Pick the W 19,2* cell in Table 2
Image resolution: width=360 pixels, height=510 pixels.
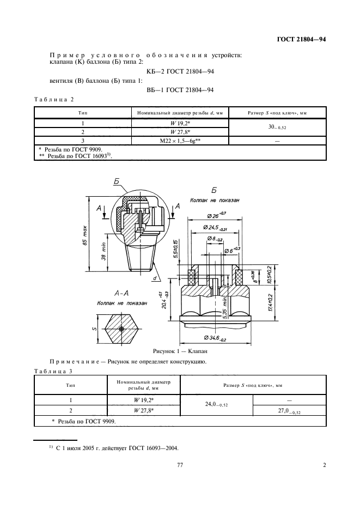pos(180,123)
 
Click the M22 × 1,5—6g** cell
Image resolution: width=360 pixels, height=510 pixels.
pos(180,141)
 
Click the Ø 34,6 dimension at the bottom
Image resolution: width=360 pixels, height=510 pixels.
pos(216,339)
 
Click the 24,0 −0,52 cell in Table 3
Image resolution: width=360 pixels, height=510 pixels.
pos(217,405)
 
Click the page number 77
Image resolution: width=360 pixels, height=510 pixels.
pos(180,465)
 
